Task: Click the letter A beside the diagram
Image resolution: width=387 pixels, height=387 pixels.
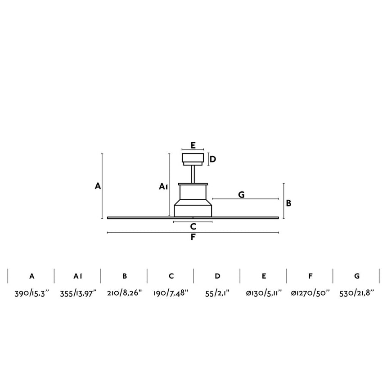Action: pos(98,186)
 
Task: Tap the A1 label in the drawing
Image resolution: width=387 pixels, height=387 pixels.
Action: pos(163,187)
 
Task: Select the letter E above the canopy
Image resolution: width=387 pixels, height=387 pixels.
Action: pos(193,145)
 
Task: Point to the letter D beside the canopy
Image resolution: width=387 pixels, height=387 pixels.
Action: pos(212,159)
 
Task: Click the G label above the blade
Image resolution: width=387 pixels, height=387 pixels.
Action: pos(241,195)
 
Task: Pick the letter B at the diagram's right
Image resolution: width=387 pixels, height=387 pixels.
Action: pos(288,203)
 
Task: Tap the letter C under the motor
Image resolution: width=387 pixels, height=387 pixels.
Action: pos(193,226)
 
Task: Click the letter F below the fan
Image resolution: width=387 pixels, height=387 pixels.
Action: pos(193,237)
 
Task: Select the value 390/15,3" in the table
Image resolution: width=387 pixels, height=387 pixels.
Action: pos(32,293)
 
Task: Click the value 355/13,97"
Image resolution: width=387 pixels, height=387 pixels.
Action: pos(78,293)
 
